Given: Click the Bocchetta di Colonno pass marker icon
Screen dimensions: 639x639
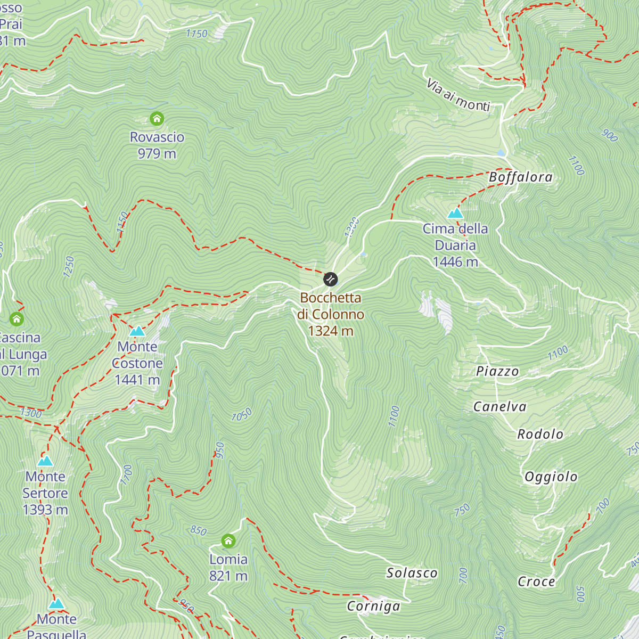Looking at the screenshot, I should click(330, 279).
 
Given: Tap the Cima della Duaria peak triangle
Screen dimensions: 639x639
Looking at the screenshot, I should click(455, 214).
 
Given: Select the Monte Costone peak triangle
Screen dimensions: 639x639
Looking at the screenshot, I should click(137, 331).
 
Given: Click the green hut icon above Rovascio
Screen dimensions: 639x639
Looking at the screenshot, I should click(157, 118).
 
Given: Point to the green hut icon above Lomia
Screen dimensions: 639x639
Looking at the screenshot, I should click(228, 541).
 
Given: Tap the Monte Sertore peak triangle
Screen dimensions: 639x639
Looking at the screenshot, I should click(45, 461).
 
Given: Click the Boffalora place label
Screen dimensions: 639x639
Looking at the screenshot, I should click(520, 177).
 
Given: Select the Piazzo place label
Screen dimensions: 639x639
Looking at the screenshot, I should click(497, 371).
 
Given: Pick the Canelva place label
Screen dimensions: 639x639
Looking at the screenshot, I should click(499, 407).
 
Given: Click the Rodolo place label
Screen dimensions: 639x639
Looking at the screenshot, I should click(540, 435).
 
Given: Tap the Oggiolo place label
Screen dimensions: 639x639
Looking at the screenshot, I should click(551, 477).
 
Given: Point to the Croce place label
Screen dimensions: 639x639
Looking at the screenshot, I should click(536, 581).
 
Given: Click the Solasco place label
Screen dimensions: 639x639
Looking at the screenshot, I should click(412, 573).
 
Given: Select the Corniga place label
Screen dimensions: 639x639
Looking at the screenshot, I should click(373, 606).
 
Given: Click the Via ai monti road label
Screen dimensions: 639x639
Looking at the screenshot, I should click(458, 95).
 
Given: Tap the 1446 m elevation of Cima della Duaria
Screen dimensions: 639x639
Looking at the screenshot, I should click(455, 262).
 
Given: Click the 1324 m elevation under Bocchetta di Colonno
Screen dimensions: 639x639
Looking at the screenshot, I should click(330, 331).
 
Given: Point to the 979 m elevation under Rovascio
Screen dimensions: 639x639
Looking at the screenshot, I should click(157, 154).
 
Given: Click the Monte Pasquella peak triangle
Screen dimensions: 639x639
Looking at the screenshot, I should click(56, 604).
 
